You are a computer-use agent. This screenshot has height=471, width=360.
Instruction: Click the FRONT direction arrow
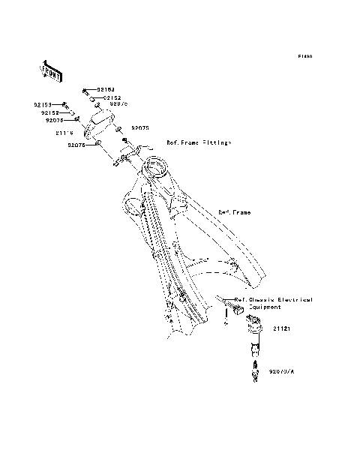tap(50, 70)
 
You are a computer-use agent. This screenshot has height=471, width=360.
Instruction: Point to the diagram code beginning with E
tap(304, 56)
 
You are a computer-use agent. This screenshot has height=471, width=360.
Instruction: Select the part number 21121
tap(281, 328)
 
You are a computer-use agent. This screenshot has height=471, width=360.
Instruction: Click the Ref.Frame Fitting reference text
tap(199, 142)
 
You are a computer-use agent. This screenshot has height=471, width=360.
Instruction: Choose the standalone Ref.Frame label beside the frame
tap(234, 212)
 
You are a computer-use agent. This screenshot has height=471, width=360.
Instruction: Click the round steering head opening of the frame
tap(159, 167)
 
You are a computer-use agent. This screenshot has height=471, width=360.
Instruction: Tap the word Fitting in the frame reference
tap(217, 142)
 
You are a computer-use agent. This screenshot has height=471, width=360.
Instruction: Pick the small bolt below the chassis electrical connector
tap(224, 326)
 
